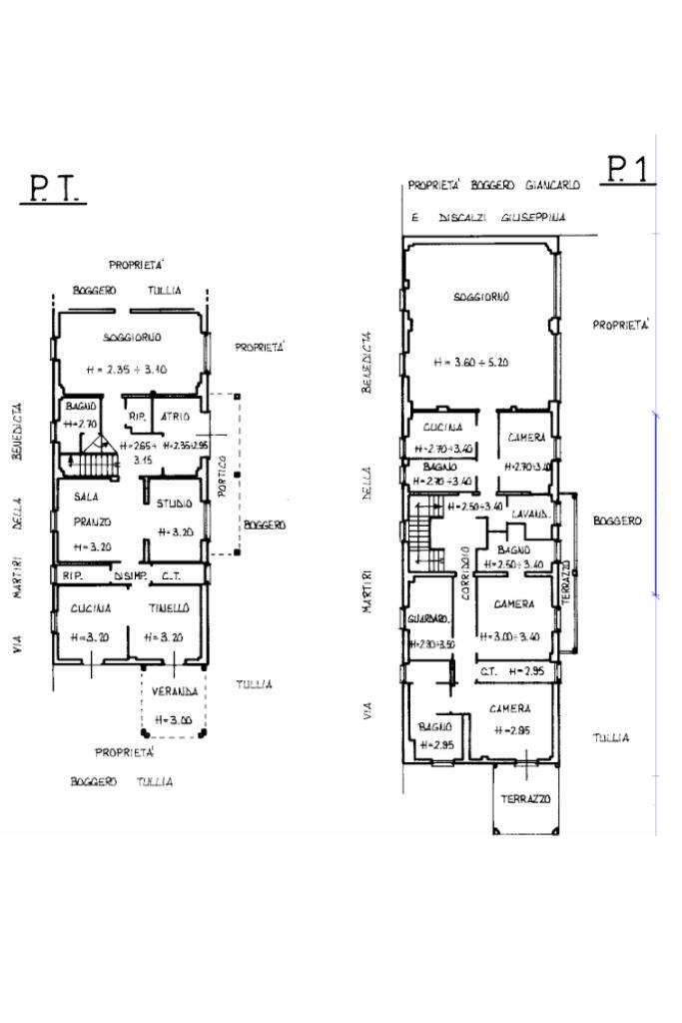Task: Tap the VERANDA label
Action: tap(173, 691)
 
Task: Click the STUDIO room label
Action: tap(175, 504)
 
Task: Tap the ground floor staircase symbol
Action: tap(95, 464)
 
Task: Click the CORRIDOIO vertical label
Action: tap(465, 573)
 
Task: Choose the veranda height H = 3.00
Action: tap(174, 718)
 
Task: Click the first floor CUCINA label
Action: tap(442, 427)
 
